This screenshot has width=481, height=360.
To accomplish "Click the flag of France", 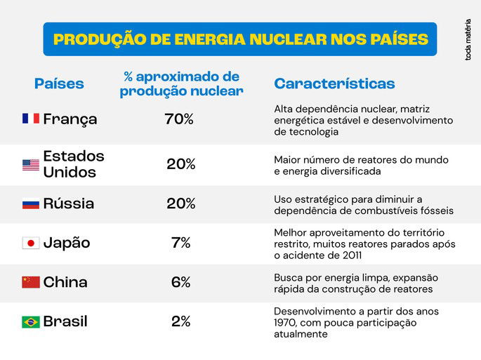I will (30, 119).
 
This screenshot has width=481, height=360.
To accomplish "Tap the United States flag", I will (30, 165).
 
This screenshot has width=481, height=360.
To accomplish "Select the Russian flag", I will (30, 204).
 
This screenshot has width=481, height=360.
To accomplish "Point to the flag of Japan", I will (30, 244).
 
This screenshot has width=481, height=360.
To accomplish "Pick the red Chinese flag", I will (30, 282).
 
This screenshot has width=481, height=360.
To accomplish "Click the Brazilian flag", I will (30, 322).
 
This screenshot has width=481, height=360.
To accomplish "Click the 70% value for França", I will (179, 119).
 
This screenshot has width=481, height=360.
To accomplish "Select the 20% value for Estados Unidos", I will (180, 165).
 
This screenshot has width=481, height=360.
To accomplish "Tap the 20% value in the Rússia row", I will (180, 204).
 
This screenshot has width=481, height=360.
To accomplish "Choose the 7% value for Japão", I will (180, 244).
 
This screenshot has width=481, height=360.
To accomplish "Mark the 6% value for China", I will (180, 282).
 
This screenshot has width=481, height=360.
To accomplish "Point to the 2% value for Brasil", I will (180, 322).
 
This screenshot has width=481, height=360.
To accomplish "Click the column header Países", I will (59, 84).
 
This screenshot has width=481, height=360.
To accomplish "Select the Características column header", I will (334, 84).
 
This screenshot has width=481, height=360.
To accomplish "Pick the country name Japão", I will (67, 244).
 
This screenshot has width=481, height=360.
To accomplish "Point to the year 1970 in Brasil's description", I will (286, 323).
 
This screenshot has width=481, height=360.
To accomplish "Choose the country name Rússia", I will (69, 204).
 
